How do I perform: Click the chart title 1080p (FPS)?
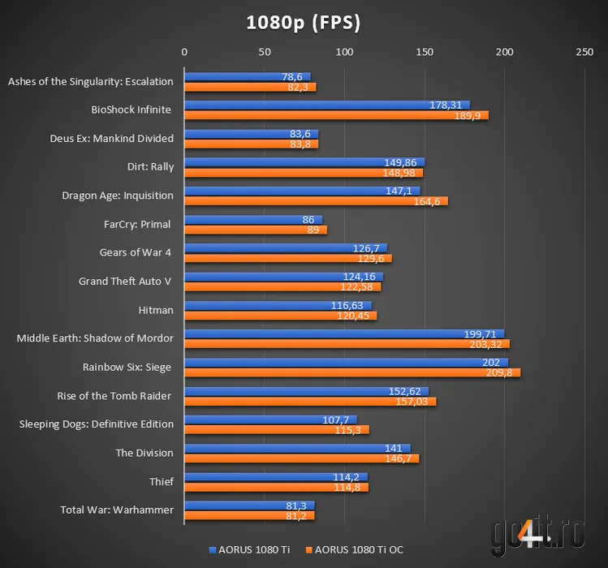coord(304,22)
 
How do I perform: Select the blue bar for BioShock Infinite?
coord(326,105)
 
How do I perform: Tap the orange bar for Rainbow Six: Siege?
coord(351,372)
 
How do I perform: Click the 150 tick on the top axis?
coord(425,52)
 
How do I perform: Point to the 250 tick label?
coord(584,52)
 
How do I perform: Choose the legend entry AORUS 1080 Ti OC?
coord(354,550)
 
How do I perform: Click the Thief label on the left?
coord(162,481)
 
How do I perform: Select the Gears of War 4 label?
coord(135,252)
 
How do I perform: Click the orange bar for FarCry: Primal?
coord(255,230)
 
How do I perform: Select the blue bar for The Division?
coord(297,448)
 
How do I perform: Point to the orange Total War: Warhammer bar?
coord(248,515)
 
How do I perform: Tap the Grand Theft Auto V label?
coord(126,282)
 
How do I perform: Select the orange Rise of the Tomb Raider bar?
coord(309,401)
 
